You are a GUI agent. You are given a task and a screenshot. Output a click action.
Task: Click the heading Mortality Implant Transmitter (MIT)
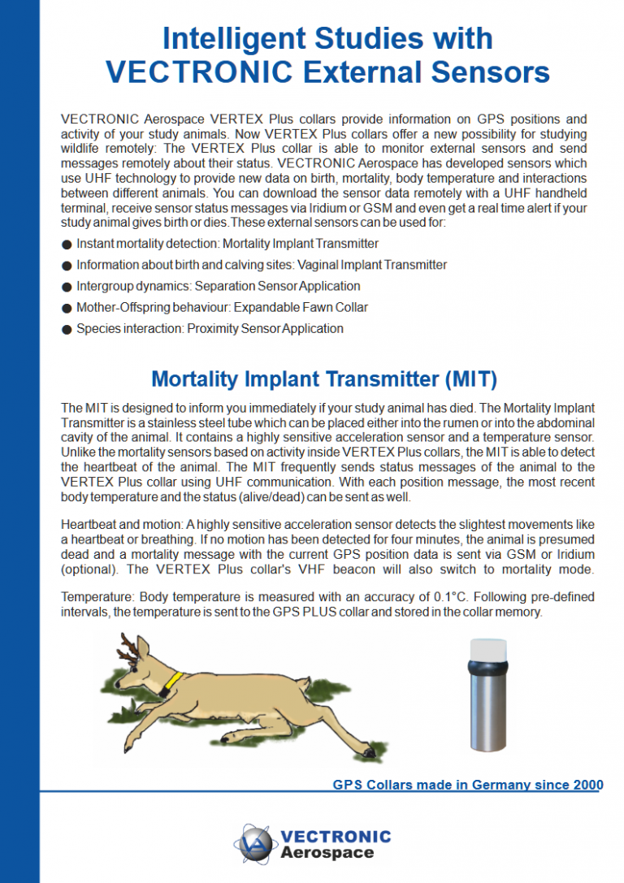[324, 379]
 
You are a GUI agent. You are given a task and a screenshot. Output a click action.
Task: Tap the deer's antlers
[130, 647]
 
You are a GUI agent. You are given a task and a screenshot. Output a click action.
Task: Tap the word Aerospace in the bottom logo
[327, 853]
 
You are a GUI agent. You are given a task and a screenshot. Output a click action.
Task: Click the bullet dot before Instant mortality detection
[66, 244]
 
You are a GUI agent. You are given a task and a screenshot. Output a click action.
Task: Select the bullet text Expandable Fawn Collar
[301, 307]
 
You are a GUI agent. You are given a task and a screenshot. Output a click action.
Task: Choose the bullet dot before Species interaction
[66, 329]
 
